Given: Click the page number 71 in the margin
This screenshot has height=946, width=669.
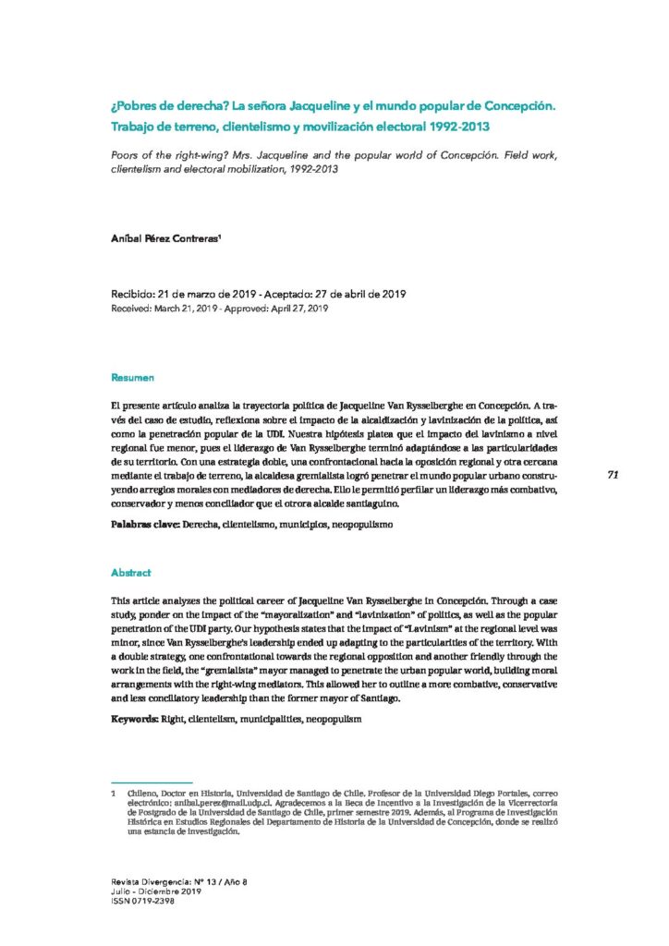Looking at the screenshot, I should pos(613,474).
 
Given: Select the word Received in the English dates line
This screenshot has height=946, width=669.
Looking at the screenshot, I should pos(132,308).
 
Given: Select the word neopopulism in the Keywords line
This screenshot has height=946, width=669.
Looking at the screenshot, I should pos(334,718).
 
